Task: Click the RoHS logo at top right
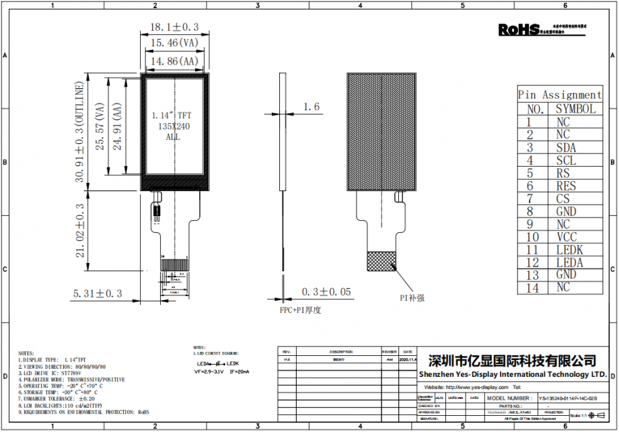519,29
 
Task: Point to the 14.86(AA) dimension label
174,61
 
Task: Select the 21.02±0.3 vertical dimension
80,231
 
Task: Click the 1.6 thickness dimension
312,106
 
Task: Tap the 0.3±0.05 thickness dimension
326,291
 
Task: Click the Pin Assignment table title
559,95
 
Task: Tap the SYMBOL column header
575,109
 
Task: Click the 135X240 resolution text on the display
173,126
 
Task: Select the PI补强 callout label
412,297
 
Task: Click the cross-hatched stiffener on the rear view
380,261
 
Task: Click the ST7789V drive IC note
61,373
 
